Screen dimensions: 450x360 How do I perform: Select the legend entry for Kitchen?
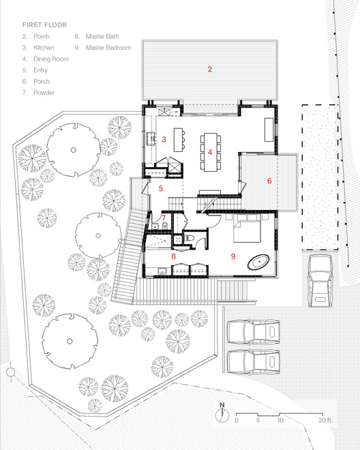point(37,47)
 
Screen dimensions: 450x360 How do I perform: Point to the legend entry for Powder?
point(38,92)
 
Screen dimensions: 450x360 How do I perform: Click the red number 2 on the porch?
point(210,69)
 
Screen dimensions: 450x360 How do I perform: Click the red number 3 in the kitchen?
point(164,139)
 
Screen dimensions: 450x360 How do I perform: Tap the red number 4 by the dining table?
point(211,153)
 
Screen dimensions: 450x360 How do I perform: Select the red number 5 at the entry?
point(161,188)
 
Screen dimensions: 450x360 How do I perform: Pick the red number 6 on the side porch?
point(269,181)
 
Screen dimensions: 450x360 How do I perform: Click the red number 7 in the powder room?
point(164,218)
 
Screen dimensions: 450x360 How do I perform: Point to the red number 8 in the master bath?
point(174,256)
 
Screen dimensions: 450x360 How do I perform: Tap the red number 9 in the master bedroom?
point(233,256)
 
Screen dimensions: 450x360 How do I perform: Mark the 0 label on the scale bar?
point(237,420)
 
